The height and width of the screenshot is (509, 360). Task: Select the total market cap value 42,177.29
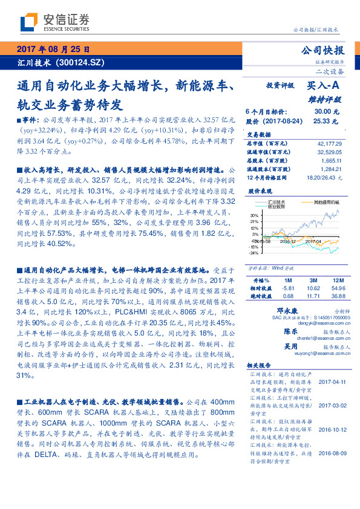329,143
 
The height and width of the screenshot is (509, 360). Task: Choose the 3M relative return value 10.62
312,289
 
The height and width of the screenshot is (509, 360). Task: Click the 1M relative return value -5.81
287,289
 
